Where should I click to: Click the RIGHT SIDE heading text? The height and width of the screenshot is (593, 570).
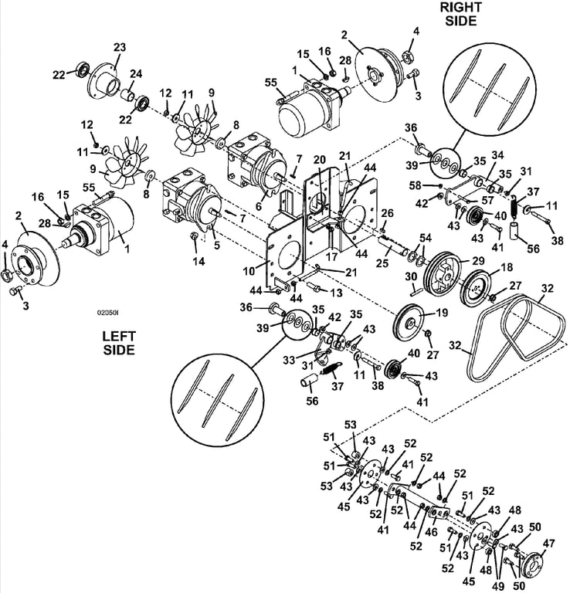click(x=460, y=14)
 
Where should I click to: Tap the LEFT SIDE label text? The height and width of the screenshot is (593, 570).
click(x=119, y=343)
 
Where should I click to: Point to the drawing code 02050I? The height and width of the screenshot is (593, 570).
click(x=108, y=313)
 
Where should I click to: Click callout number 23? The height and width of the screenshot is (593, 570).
click(x=120, y=48)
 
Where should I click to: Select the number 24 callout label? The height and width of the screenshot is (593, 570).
click(x=136, y=73)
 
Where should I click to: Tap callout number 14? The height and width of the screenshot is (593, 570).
click(x=199, y=261)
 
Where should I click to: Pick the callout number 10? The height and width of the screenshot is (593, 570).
click(x=249, y=271)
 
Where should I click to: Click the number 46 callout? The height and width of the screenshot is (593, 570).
click(x=431, y=532)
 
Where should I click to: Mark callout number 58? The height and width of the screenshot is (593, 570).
click(x=416, y=185)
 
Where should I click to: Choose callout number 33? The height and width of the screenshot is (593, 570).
click(x=289, y=360)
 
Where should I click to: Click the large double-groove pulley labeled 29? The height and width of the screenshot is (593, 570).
click(x=441, y=277)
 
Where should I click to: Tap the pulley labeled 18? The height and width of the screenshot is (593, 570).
click(x=475, y=290)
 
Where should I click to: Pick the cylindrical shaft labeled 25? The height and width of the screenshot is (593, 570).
click(x=392, y=245)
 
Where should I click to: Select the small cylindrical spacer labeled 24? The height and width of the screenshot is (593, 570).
click(x=128, y=95)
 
